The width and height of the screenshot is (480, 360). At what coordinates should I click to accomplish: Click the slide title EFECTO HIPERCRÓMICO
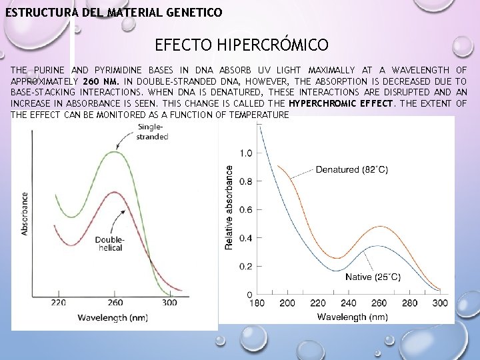pos(241,45)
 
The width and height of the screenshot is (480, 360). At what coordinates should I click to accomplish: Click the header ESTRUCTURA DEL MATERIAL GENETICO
pos(114,13)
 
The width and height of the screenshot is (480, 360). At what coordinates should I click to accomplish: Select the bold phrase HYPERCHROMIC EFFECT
pos(341,103)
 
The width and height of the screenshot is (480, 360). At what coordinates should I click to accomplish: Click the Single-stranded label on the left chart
pos(152,132)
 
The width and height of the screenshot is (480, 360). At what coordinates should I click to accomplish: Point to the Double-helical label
pos(109,244)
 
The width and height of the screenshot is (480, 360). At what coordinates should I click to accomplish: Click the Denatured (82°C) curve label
pos(351,169)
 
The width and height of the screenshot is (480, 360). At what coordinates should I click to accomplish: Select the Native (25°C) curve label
pos(373,276)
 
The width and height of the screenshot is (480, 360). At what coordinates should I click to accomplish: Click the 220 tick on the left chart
pos(58,303)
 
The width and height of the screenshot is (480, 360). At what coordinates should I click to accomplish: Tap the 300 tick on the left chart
pos(169,303)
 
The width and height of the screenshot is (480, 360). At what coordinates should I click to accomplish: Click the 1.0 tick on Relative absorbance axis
pos(246,153)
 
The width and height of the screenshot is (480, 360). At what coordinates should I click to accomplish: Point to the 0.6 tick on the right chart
pos(246,210)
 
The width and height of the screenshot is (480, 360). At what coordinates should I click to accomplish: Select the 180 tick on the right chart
pos(257,303)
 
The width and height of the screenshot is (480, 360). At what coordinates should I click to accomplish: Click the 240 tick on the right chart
pos(349,303)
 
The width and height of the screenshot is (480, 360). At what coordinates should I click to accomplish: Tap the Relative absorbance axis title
pos(229,208)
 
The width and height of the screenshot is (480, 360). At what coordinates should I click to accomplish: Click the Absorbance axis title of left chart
pos(25,213)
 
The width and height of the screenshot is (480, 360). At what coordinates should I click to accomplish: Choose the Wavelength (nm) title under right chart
pos(352,317)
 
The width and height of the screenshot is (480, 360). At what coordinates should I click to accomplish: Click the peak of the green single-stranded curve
pos(114,153)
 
